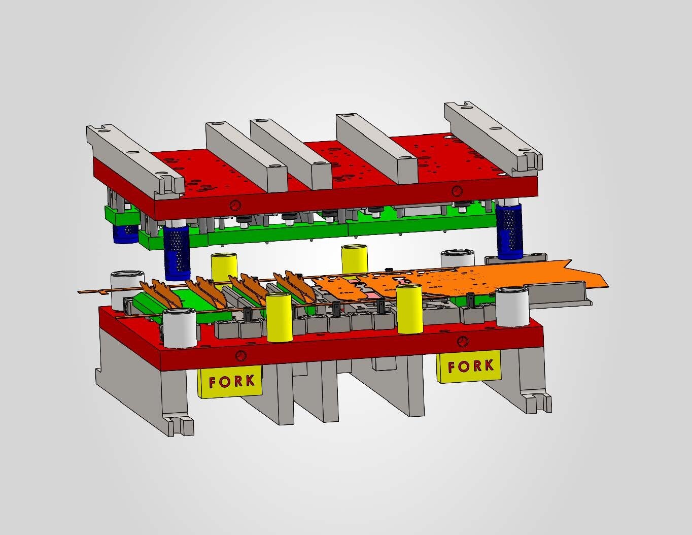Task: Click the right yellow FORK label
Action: (470, 366)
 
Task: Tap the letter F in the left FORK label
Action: (213, 382)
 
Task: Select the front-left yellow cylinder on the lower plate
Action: (279, 317)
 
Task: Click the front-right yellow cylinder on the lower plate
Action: (409, 309)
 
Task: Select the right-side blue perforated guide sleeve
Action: (509, 231)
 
